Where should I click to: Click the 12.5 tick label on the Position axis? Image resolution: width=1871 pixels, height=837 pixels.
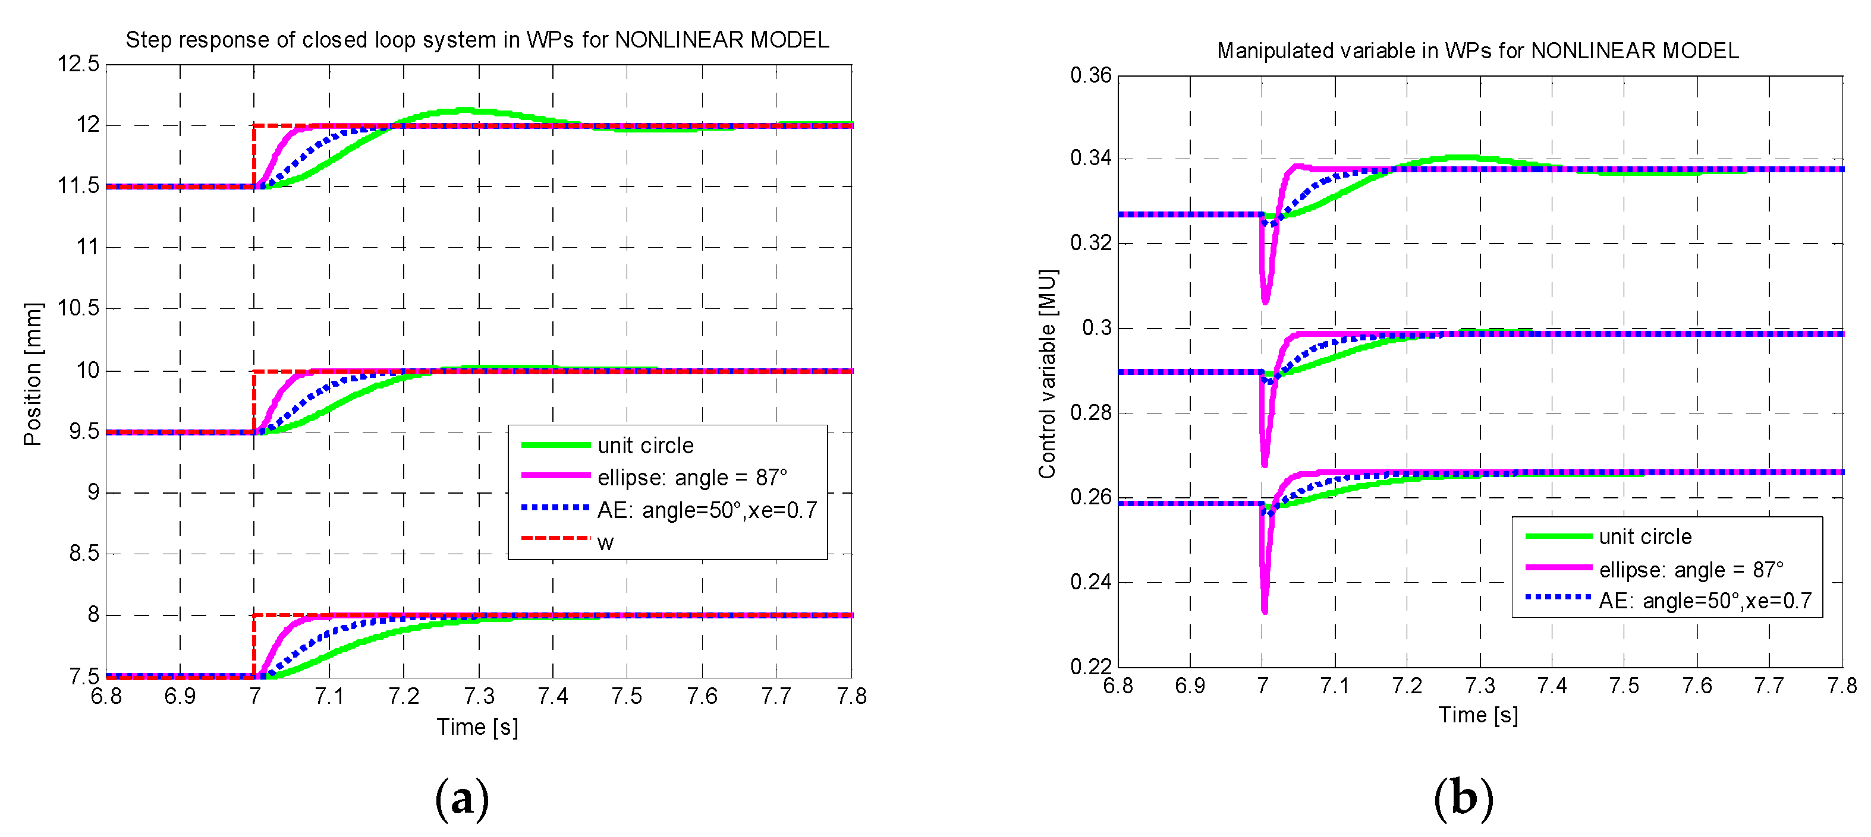click(x=78, y=64)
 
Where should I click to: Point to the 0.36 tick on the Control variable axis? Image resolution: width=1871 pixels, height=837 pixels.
click(x=1090, y=75)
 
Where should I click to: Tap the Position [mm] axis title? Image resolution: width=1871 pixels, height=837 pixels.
click(x=33, y=374)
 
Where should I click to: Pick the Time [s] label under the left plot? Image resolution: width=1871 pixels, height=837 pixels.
click(x=477, y=727)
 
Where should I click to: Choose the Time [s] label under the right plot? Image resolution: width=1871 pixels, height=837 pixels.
click(x=1478, y=715)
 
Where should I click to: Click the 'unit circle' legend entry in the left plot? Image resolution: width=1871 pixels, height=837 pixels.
click(x=645, y=445)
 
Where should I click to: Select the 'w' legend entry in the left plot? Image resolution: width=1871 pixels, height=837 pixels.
click(x=605, y=542)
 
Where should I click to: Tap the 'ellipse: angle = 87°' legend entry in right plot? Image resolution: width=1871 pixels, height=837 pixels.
click(x=1691, y=570)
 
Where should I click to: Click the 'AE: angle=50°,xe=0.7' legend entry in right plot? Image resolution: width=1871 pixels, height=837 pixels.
click(x=1705, y=601)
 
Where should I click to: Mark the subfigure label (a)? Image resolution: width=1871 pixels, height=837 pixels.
click(x=462, y=798)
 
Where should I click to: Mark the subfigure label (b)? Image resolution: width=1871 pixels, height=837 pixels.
click(x=1463, y=798)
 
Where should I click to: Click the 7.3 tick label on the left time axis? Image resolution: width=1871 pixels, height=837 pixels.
click(x=479, y=697)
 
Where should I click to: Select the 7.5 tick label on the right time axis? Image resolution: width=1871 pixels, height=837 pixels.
click(x=1624, y=686)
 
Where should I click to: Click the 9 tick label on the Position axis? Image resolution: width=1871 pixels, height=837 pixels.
click(x=93, y=493)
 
